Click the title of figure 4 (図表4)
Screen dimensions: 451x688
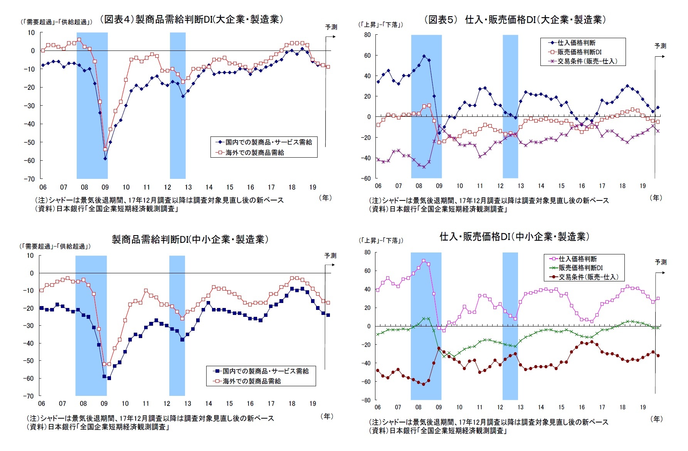pyautogui.click(x=192, y=19)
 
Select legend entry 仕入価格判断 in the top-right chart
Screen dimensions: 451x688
pyautogui.click(x=576, y=43)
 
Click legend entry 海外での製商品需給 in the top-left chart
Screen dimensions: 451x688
pyautogui.click(x=254, y=153)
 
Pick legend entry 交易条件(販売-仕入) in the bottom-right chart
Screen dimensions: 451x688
pyautogui.click(x=588, y=277)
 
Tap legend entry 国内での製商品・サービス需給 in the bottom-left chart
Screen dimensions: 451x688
pyautogui.click(x=266, y=371)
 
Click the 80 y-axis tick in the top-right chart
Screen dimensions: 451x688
pyautogui.click(x=367, y=35)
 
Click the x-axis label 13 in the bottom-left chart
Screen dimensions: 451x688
pyautogui.click(x=187, y=404)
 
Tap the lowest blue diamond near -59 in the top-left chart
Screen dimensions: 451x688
pyautogui.click(x=105, y=158)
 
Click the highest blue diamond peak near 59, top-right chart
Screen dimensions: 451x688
pyautogui.click(x=424, y=56)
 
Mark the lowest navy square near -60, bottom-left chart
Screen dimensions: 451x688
pyautogui.click(x=109, y=378)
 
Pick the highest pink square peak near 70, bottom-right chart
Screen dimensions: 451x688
pyautogui.click(x=424, y=261)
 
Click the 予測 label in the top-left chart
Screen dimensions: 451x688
pyautogui.click(x=331, y=27)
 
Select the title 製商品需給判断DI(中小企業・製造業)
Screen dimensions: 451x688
pyautogui.click(x=190, y=239)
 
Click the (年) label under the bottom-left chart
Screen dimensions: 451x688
pyautogui.click(x=327, y=416)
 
